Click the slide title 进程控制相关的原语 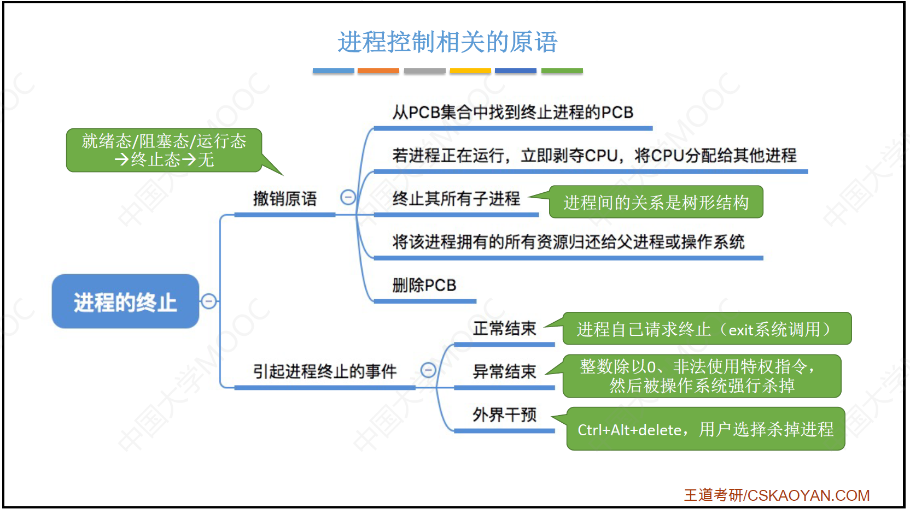(447, 42)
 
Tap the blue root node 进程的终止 (125, 301)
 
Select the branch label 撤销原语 (284, 199)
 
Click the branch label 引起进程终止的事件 (324, 371)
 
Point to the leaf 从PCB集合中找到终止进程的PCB (512, 113)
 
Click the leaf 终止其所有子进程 (456, 199)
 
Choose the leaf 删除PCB (424, 285)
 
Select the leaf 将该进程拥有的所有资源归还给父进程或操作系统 (568, 242)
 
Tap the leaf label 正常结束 (504, 328)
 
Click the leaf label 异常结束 (504, 371)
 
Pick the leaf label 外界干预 (504, 415)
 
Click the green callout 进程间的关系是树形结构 (656, 203)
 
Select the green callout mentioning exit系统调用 (706, 329)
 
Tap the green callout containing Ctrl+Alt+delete (705, 429)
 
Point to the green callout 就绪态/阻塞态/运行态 (164, 150)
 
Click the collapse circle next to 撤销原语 (348, 197)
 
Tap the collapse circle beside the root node (208, 301)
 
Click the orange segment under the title (378, 71)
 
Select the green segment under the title (562, 71)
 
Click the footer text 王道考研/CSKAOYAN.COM (777, 495)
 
